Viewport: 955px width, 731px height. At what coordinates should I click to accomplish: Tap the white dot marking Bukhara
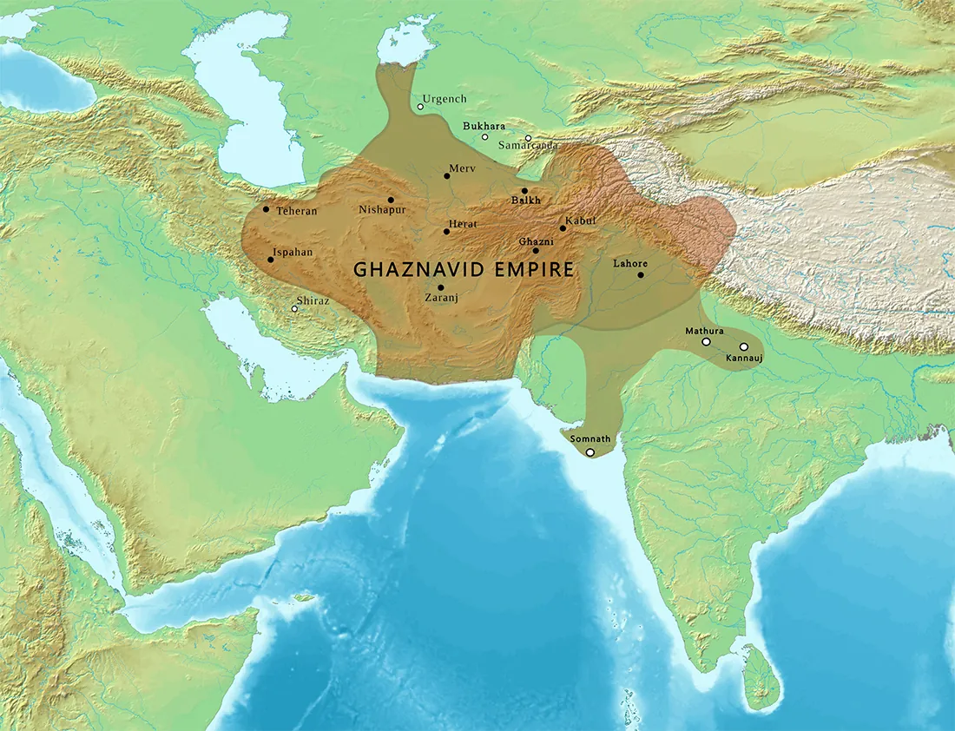coord(485,137)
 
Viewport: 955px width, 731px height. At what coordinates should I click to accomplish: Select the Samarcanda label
coord(528,145)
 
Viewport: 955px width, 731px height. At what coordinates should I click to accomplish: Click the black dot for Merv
coord(446,176)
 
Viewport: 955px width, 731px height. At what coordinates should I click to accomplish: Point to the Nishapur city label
coord(381,210)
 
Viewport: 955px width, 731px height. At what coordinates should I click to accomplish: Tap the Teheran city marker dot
coord(266,209)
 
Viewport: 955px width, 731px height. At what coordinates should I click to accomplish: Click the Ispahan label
coord(293,253)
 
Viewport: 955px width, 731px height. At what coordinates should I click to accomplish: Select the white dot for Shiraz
coord(295,309)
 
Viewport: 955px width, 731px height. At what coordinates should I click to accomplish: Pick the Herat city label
coord(462,225)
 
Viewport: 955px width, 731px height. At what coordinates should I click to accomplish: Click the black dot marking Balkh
coord(524,191)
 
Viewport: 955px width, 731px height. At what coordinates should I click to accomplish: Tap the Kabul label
coord(581,221)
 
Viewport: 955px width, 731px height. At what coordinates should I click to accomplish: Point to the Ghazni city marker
coord(536,251)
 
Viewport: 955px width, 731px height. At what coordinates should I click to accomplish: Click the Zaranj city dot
coord(441,287)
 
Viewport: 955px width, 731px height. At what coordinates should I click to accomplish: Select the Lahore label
coord(629,263)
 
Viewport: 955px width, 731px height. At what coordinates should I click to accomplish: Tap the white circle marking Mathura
coord(706,342)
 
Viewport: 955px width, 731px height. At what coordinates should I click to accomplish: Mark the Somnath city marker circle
coord(590,452)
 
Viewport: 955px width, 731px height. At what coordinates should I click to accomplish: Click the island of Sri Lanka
coord(761,677)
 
